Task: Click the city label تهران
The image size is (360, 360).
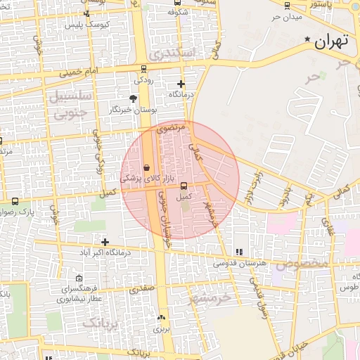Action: click(x=332, y=41)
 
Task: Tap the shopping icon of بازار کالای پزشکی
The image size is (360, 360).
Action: click(x=146, y=168)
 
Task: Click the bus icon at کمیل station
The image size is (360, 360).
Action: click(x=184, y=186)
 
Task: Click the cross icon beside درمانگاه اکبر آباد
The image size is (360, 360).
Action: click(x=105, y=242)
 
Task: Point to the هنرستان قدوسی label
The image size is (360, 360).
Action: click(x=240, y=263)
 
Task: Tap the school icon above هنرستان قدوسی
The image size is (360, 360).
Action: click(x=239, y=251)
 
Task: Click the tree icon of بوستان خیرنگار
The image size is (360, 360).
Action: click(x=134, y=98)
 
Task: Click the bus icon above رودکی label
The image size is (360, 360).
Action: click(x=144, y=69)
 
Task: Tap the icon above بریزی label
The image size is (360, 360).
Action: click(x=162, y=317)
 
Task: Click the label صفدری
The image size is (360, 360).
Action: click(x=143, y=288)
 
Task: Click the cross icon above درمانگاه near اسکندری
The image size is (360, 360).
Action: click(x=181, y=83)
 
